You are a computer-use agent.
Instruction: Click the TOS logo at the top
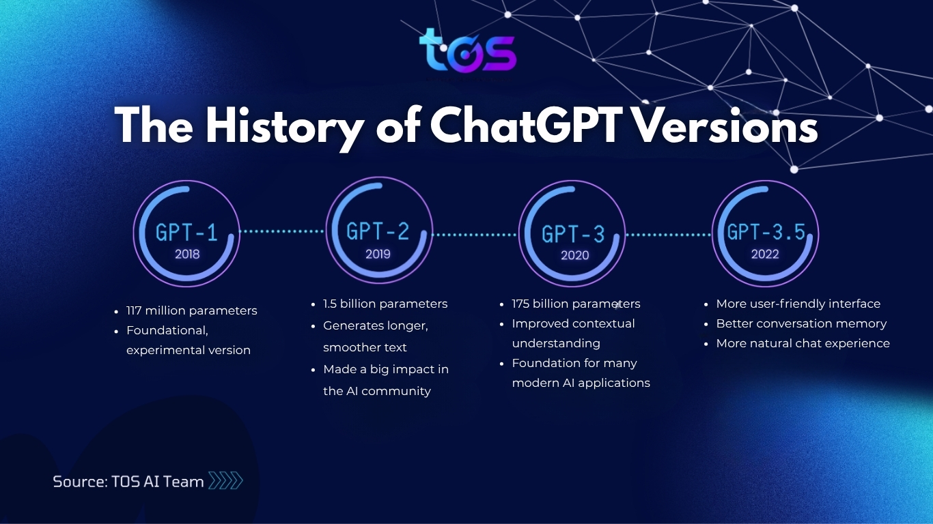tap(467, 50)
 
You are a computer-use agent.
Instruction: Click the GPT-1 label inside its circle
tap(186, 233)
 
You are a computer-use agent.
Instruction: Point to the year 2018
tap(186, 254)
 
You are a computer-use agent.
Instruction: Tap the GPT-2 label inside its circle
tap(378, 231)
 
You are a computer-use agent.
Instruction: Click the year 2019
tap(378, 254)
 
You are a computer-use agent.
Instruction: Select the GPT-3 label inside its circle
tap(573, 234)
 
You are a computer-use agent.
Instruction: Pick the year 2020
tap(573, 255)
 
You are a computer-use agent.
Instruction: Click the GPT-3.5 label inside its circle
tap(766, 232)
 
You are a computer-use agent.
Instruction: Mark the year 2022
tap(765, 254)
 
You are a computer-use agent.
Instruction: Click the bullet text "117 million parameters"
tap(191, 310)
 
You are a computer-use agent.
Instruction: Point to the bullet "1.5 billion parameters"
tap(385, 304)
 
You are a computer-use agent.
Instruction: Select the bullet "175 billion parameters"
tap(576, 304)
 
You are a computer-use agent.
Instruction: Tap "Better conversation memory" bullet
tap(801, 323)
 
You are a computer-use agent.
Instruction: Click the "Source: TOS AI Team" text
tap(128, 482)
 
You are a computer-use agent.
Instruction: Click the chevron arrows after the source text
tap(225, 481)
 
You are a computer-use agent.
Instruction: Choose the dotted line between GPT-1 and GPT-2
tap(283, 231)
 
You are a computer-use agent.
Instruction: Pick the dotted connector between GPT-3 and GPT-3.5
tap(668, 235)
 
